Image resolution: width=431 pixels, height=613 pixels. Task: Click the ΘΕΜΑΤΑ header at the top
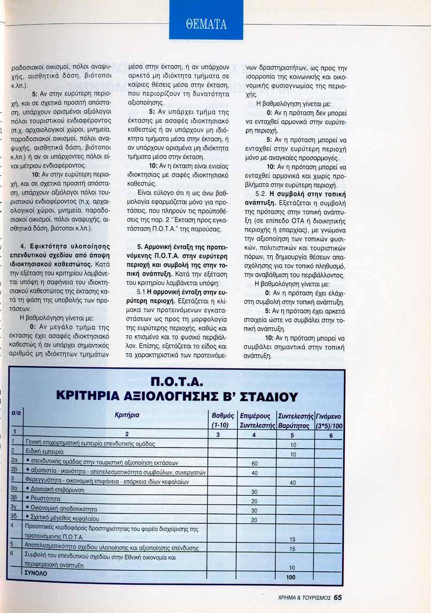(x=206, y=24)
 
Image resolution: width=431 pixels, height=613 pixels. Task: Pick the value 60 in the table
(x=255, y=463)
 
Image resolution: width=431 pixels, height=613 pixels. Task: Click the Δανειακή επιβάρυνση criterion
(x=58, y=491)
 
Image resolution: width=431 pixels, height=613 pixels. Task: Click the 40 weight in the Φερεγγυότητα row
(x=293, y=482)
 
